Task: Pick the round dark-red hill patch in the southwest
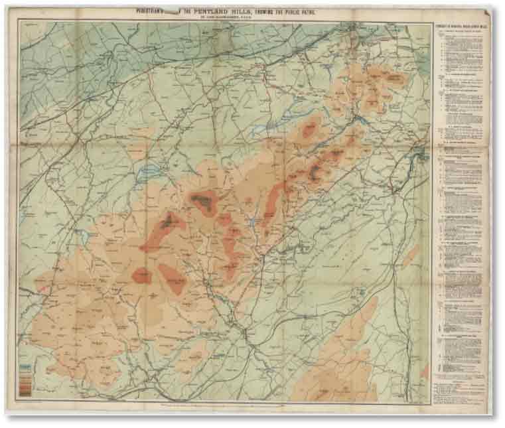pyautogui.click(x=141, y=275)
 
